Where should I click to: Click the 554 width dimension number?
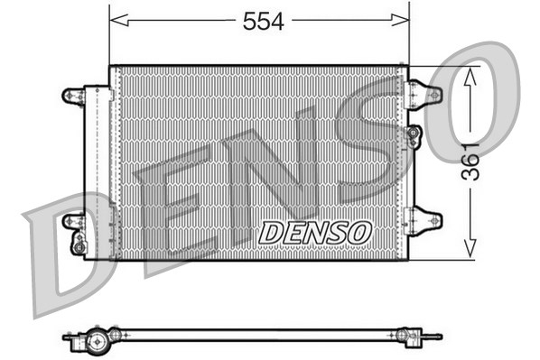tap(263, 23)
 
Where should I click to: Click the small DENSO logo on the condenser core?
tap(315, 232)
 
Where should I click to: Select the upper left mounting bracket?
tap(72, 94)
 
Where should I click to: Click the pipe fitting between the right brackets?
tap(414, 136)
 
